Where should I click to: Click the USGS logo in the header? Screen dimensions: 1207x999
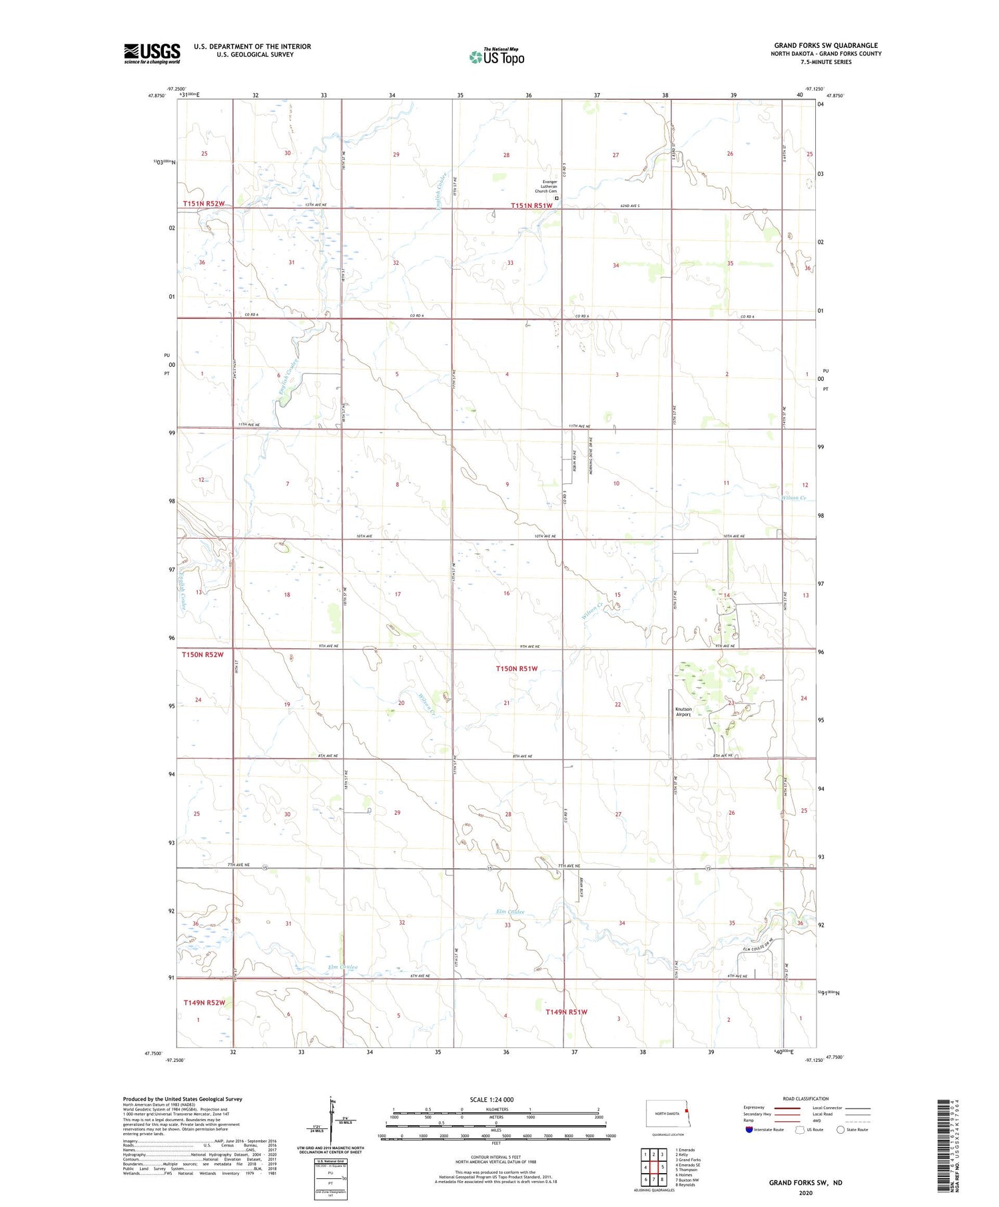[x=152, y=53]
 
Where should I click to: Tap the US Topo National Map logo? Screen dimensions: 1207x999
[x=497, y=57]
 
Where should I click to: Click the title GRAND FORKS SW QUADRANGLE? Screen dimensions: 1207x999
[x=826, y=45]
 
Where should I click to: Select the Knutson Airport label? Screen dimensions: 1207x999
[x=684, y=712]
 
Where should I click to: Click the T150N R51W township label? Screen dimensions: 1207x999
[x=516, y=668]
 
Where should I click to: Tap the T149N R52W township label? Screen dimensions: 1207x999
[x=204, y=1002]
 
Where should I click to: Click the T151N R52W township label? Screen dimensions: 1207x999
[x=204, y=204]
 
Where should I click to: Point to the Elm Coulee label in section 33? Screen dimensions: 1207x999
[x=511, y=911]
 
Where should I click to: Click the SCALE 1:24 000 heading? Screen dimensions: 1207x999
[x=492, y=1099]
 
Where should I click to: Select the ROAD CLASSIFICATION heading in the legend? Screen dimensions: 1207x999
[x=806, y=1098]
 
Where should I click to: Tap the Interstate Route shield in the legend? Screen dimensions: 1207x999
[x=749, y=1129]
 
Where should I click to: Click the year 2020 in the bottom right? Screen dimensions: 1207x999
[x=805, y=1193]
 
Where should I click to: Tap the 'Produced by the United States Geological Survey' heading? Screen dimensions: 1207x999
[x=182, y=1099]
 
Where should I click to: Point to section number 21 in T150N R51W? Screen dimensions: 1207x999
[x=507, y=703]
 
